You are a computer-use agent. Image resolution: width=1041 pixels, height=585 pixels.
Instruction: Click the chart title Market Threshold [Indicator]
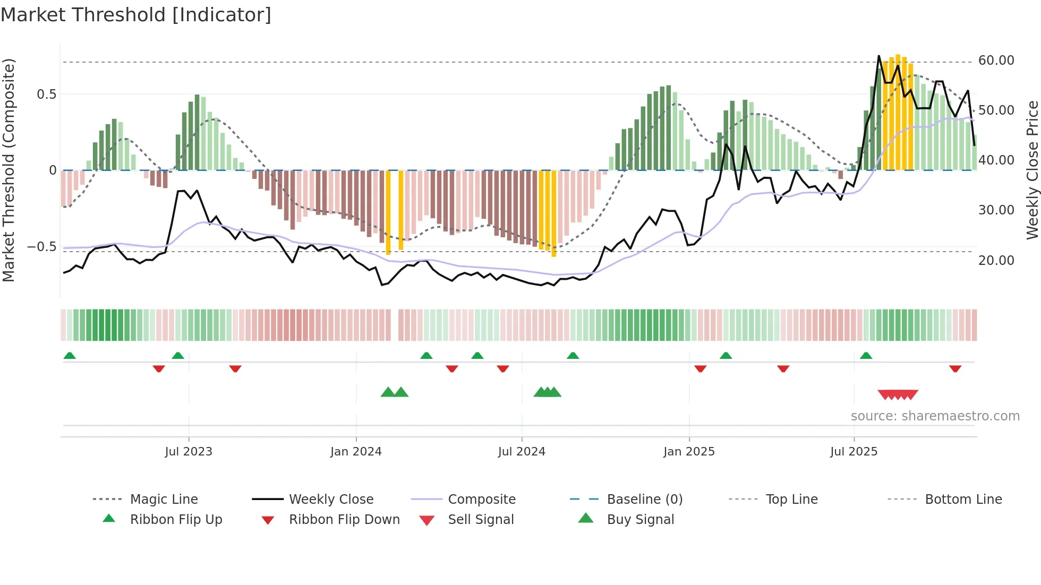coord(136,15)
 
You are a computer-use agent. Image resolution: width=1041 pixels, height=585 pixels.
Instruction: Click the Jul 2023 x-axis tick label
coord(188,452)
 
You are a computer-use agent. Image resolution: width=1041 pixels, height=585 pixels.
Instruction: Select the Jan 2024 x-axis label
coord(356,452)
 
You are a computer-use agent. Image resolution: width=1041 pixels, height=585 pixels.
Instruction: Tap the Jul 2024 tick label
coord(522,452)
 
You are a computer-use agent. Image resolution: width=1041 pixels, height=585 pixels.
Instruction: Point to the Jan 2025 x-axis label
coord(689,452)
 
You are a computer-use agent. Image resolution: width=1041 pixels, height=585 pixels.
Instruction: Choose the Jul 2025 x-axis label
coord(854,452)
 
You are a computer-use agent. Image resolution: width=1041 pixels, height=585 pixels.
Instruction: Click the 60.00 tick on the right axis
coord(996,61)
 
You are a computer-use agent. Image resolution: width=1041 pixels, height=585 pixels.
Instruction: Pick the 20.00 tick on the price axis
coord(996,261)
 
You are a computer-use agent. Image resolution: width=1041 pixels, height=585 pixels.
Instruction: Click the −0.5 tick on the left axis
coord(41,247)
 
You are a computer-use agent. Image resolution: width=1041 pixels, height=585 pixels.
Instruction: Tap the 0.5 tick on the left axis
coord(46,94)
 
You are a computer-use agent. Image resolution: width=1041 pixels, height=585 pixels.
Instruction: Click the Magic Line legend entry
coord(164,500)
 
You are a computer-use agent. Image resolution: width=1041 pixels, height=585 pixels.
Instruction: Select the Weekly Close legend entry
coord(331,500)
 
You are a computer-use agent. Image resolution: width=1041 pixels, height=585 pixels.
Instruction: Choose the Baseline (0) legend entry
coord(644,500)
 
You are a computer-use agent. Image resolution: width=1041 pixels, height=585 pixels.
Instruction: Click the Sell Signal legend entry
coord(481,520)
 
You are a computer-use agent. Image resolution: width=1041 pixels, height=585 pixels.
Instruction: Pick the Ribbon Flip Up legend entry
coord(176,520)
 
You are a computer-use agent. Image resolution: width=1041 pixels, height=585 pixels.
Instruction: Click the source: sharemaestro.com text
coord(935,416)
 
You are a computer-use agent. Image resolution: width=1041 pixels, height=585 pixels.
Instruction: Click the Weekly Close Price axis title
coord(1032,170)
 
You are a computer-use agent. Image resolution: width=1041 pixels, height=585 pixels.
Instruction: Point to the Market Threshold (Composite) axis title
coord(8,170)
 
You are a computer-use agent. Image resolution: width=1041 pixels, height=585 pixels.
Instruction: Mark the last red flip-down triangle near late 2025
coord(955,368)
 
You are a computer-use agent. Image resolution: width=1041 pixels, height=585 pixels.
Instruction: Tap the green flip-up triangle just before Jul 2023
coord(178,356)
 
